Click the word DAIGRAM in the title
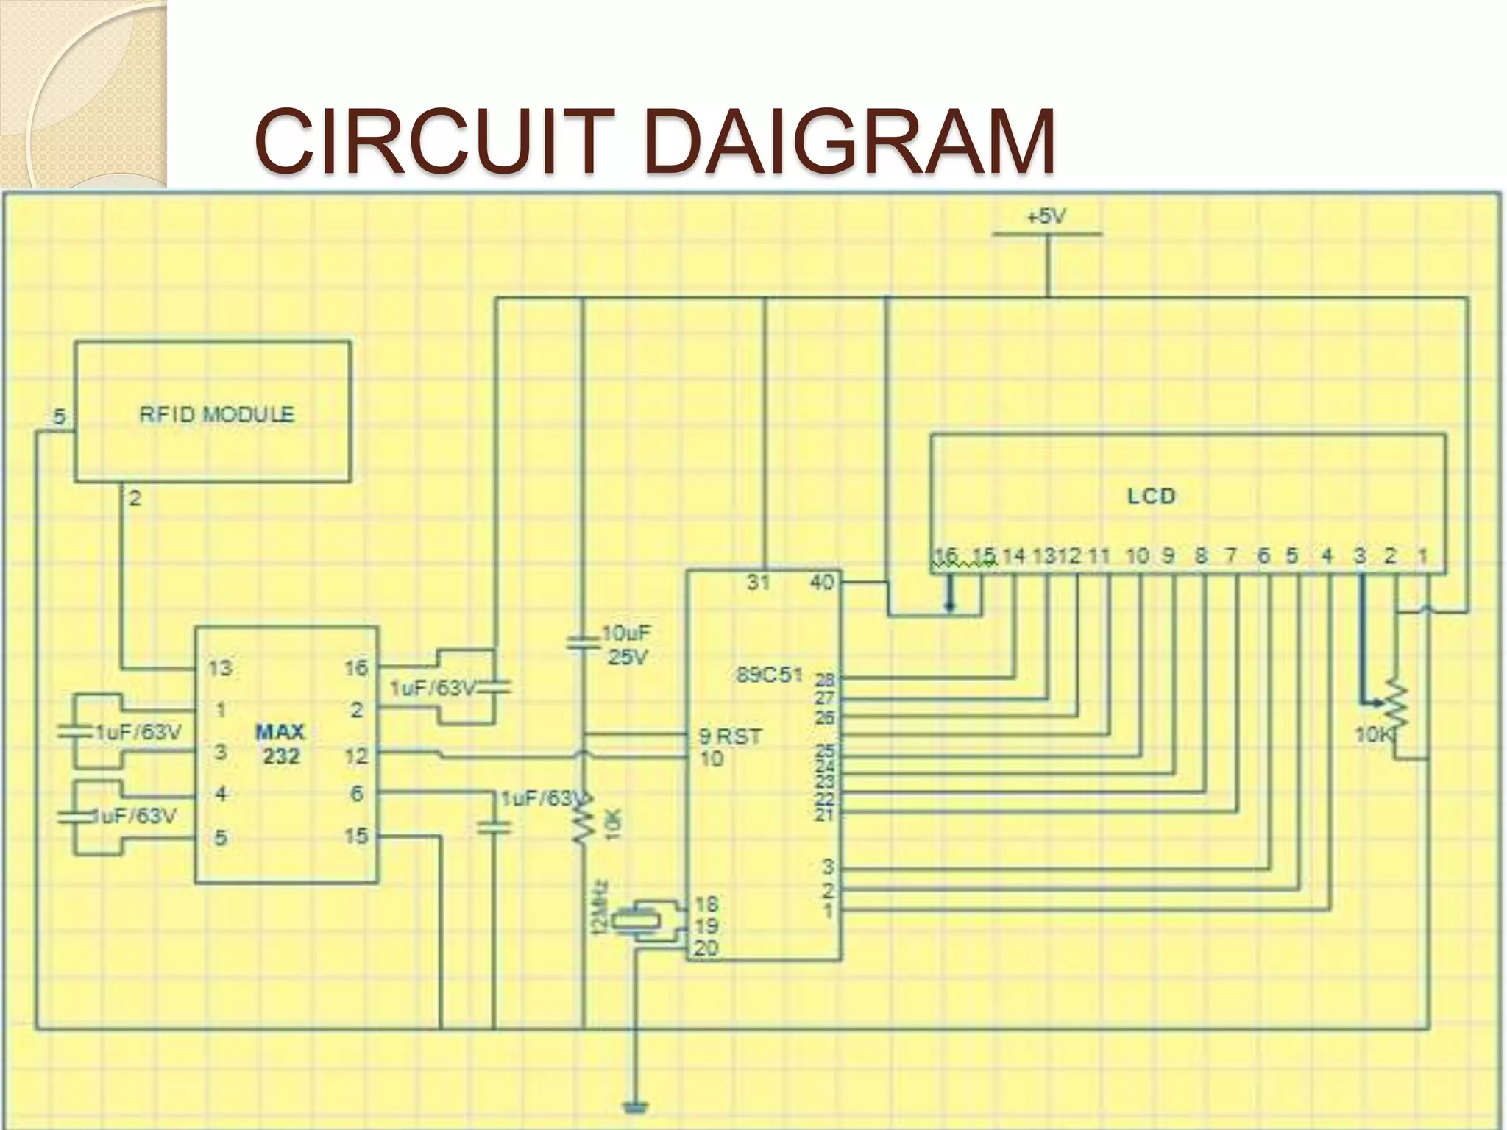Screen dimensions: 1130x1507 (850, 141)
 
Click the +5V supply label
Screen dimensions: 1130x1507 (1046, 217)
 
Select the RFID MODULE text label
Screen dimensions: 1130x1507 (216, 414)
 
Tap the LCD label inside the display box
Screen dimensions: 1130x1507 (1152, 497)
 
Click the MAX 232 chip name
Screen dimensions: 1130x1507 (280, 744)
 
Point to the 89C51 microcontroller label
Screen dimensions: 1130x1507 (769, 675)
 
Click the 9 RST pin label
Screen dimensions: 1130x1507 (729, 736)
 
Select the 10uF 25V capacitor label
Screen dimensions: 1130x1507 (626, 645)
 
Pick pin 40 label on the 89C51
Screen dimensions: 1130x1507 (821, 583)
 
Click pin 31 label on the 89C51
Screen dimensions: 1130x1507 (758, 583)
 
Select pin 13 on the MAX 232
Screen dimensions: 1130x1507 (220, 668)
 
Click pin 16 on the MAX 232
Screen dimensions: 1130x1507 (356, 668)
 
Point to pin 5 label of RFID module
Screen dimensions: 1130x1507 (60, 417)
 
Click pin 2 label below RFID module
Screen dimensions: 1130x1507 (135, 499)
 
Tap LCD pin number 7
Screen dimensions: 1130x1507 (1230, 556)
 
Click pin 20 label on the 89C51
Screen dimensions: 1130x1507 (706, 949)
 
